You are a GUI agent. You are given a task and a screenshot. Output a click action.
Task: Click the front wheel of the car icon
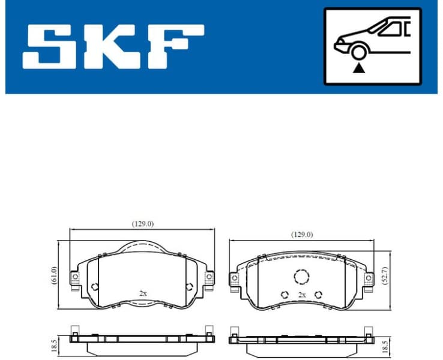(x=360, y=52)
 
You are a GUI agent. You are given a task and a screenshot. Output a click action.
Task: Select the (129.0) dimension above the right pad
(x=301, y=235)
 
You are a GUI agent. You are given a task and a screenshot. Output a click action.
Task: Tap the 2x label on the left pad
(x=143, y=293)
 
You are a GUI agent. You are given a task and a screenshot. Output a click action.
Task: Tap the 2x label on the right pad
(x=302, y=295)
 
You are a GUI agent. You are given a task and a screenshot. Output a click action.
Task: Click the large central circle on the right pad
(x=301, y=276)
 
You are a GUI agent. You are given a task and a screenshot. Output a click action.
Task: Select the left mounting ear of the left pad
(x=75, y=277)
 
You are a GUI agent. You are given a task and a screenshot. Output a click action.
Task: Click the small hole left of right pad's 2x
(x=285, y=295)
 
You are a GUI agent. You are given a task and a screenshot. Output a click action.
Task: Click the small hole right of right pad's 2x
(x=319, y=295)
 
